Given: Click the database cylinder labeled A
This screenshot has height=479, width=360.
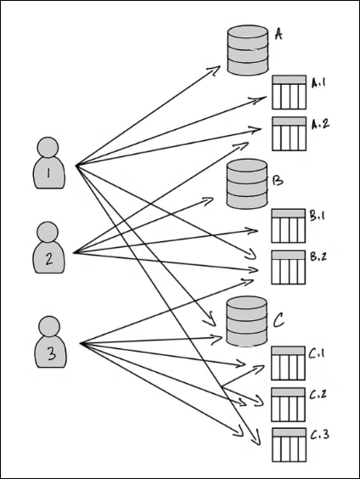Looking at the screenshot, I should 248,51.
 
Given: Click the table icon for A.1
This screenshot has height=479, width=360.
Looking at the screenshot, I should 289,93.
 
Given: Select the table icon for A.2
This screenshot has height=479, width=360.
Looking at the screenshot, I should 289,133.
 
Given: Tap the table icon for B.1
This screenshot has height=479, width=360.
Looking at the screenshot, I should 288,225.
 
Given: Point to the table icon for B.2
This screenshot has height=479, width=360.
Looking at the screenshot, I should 288,268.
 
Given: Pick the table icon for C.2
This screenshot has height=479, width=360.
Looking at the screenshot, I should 288,404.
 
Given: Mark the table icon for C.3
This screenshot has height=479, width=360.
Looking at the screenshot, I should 288,444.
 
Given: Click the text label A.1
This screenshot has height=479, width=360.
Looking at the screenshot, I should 320,83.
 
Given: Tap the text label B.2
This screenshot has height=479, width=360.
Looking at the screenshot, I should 319,256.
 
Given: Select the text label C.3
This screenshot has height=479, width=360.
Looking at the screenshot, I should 319,436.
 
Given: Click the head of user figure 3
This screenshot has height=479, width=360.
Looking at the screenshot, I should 50,325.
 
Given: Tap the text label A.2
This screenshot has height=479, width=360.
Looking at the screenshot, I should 320,124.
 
